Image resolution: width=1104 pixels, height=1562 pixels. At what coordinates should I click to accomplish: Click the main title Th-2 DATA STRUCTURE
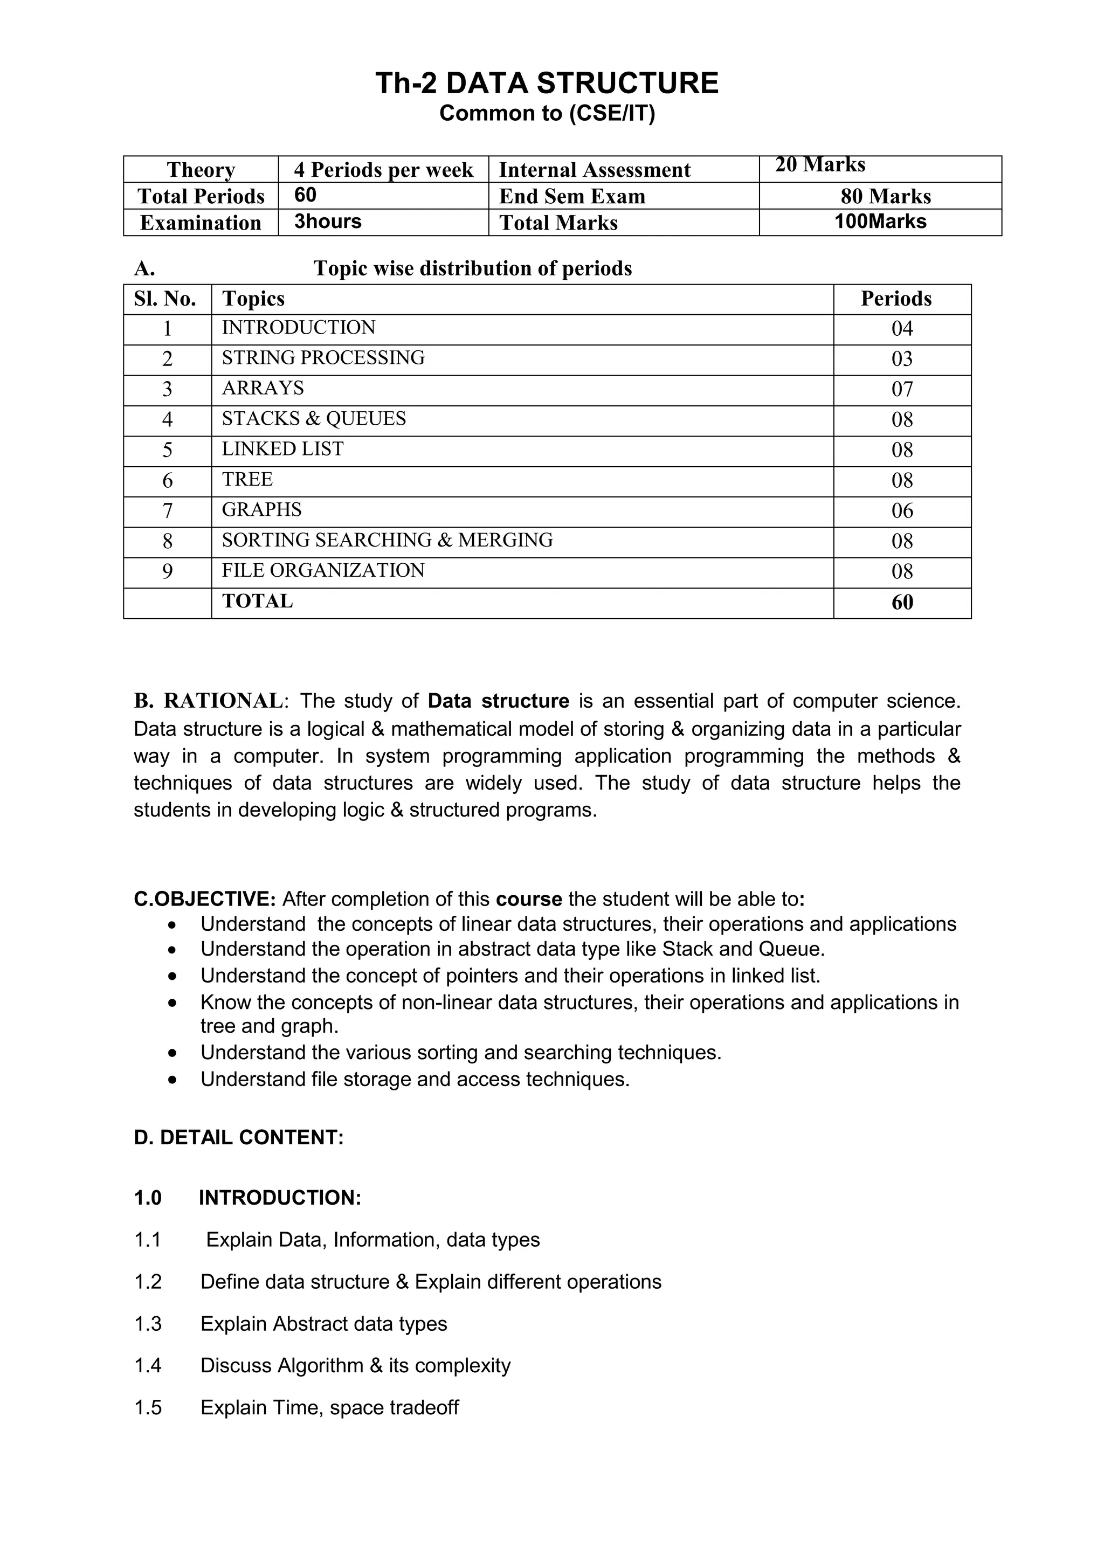(x=547, y=83)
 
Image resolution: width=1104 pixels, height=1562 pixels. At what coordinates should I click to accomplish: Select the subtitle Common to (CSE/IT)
(x=547, y=113)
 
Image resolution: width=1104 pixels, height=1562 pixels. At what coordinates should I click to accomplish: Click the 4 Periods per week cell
(x=383, y=169)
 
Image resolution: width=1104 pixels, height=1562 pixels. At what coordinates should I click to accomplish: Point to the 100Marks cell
(x=880, y=222)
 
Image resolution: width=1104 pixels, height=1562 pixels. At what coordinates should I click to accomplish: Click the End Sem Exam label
(x=571, y=196)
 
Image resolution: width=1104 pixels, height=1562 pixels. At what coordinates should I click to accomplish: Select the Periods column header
(x=896, y=299)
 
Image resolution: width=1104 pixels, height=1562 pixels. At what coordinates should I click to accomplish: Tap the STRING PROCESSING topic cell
(x=323, y=358)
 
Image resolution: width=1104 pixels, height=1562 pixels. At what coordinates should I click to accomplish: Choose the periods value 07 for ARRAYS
(x=902, y=389)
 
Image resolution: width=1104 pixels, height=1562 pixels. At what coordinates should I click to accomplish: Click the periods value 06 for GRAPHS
(x=902, y=511)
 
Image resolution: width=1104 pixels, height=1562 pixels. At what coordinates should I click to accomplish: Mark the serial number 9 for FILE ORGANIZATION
(x=167, y=571)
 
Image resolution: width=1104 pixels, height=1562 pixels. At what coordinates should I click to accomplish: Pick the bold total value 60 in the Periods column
(x=902, y=602)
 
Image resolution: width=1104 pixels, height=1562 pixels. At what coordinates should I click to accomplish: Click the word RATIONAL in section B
(x=223, y=701)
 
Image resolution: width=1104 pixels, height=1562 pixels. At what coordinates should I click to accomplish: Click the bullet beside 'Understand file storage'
(x=174, y=1080)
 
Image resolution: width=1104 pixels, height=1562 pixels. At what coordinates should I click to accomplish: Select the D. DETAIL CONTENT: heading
(x=239, y=1137)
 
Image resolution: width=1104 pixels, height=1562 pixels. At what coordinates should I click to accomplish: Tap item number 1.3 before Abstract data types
(x=148, y=1324)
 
